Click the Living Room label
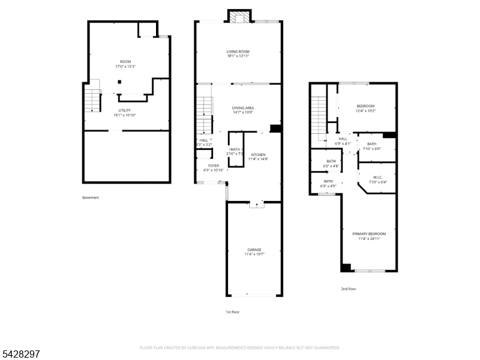pyautogui.click(x=238, y=52)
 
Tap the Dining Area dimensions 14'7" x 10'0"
pyautogui.click(x=243, y=112)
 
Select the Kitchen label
pyautogui.click(x=258, y=155)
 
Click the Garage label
pyautogui.click(x=254, y=250)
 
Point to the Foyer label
pyautogui.click(x=214, y=166)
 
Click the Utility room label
pyautogui.click(x=124, y=110)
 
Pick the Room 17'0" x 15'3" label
pyautogui.click(x=125, y=62)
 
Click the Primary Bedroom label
pyautogui.click(x=369, y=233)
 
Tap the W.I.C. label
pyautogui.click(x=377, y=177)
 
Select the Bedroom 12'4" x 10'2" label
pyautogui.click(x=365, y=106)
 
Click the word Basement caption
pyautogui.click(x=91, y=197)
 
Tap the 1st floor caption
pyautogui.click(x=233, y=311)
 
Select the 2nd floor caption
pyautogui.click(x=349, y=289)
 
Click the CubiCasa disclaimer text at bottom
pyautogui.click(x=240, y=347)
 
